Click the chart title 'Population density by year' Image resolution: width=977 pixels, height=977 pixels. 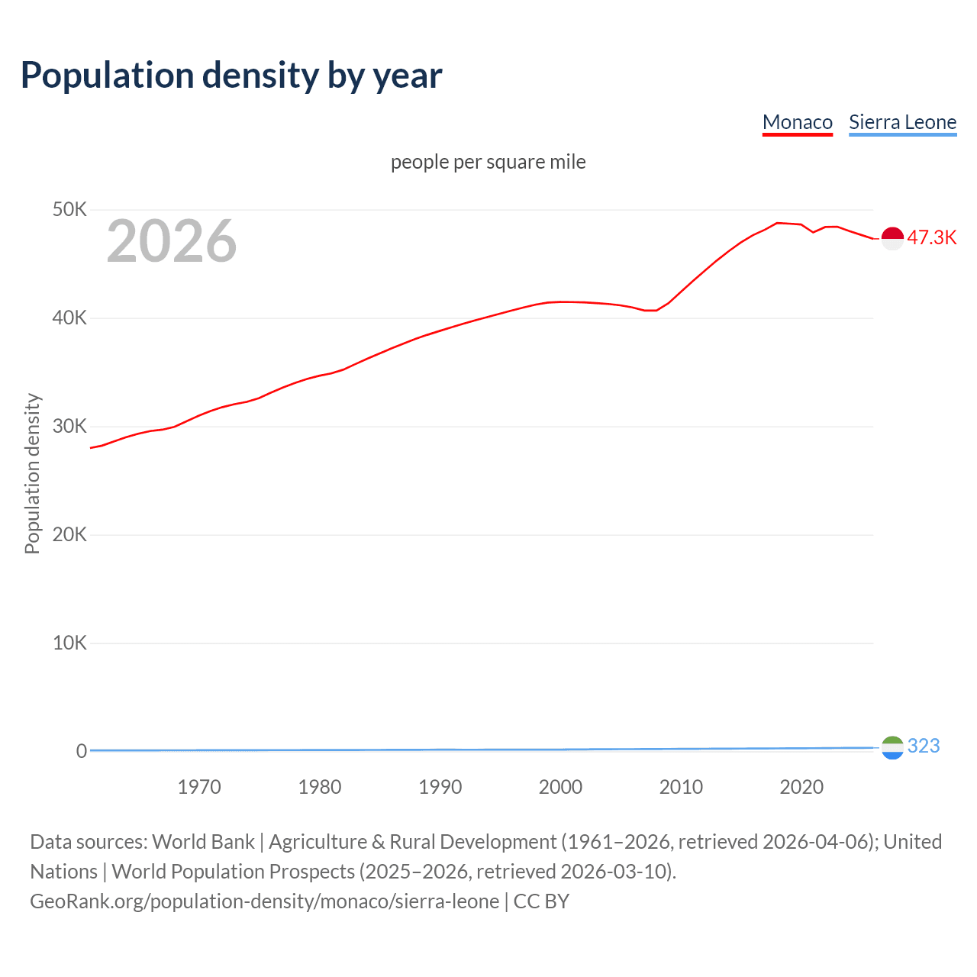[231, 76]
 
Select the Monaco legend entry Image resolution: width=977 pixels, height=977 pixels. [797, 122]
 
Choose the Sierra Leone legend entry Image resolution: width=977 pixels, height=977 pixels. [902, 122]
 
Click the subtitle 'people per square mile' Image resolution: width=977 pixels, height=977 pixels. [488, 162]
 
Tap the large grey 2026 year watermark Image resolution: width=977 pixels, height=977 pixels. [172, 241]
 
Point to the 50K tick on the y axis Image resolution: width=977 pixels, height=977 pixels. [69, 209]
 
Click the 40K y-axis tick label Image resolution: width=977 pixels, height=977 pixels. [69, 318]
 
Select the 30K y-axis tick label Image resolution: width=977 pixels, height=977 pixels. [69, 426]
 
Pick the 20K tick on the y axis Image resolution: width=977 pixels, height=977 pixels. [69, 534]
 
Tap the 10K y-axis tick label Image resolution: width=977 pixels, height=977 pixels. [69, 643]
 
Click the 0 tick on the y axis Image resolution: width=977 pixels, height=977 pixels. [81, 751]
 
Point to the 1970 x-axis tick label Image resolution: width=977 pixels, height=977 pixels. [199, 787]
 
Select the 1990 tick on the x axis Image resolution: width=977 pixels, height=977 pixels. [440, 787]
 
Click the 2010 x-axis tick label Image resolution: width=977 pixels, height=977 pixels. [681, 787]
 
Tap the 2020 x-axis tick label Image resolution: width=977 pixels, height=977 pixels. [801, 787]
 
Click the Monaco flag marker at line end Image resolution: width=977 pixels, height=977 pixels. [892, 238]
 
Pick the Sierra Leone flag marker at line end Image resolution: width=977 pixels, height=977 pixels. [892, 748]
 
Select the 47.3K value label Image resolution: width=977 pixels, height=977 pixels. [931, 237]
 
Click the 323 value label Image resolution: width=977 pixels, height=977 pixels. [924, 746]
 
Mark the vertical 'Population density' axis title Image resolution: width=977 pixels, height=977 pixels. [32, 473]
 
